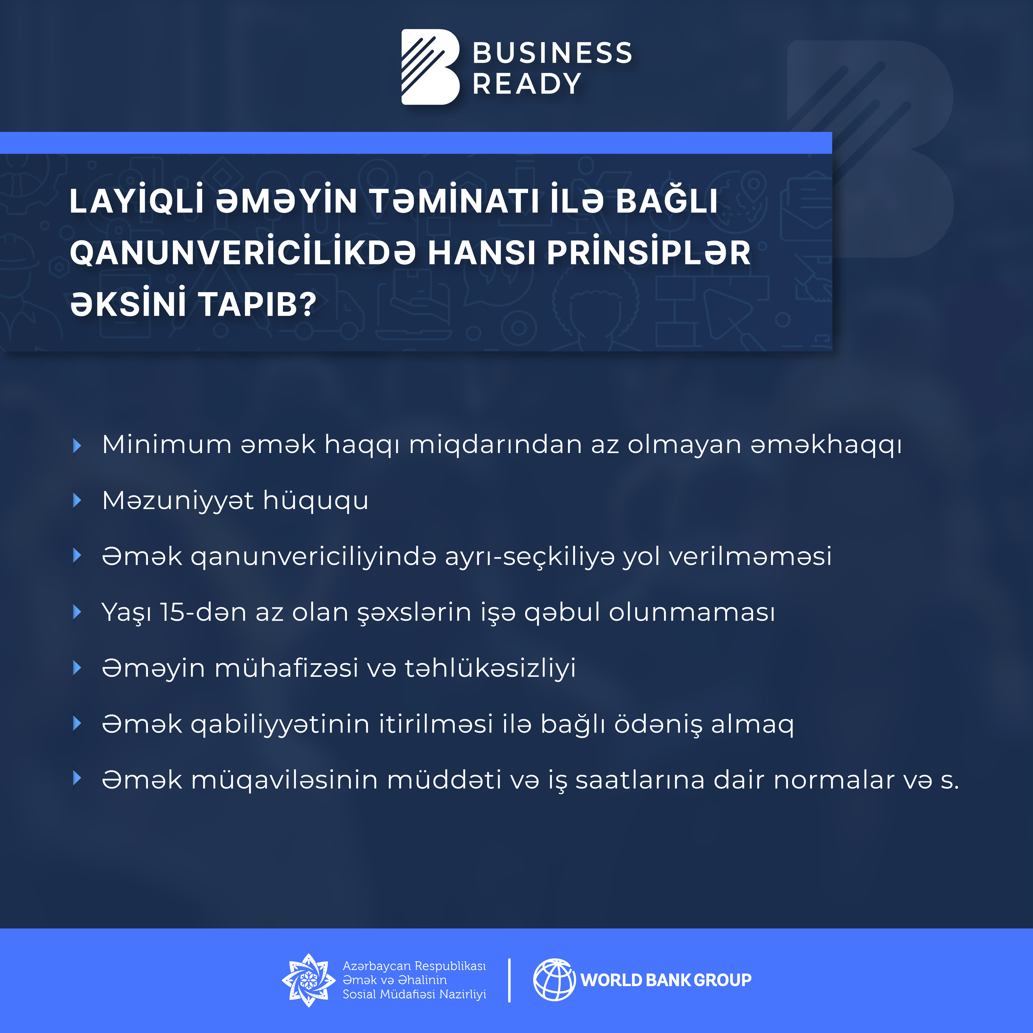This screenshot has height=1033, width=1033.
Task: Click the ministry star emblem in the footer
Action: (x=308, y=980)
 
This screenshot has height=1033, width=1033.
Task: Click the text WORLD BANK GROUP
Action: (x=666, y=980)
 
